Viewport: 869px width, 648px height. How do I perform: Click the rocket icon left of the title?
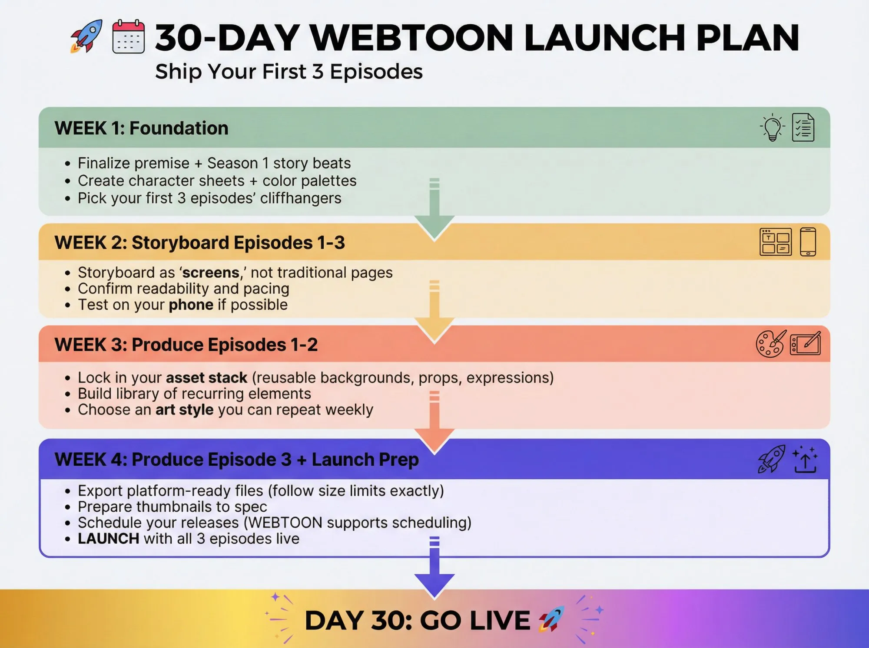(87, 36)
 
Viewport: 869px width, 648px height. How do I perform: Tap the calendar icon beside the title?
(128, 37)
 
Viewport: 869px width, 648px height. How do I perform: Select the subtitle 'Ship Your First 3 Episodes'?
(289, 72)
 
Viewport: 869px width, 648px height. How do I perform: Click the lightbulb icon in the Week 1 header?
(773, 128)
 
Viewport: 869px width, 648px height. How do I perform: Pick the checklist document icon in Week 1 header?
(803, 128)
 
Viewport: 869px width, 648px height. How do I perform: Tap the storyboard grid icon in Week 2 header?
(775, 242)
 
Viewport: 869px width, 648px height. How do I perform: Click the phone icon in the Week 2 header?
(808, 242)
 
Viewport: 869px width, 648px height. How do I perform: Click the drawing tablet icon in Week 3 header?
(805, 344)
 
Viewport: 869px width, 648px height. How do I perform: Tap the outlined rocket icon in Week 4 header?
(772, 459)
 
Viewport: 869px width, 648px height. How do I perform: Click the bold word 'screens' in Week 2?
(211, 273)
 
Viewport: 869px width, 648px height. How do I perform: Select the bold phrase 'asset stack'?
(206, 378)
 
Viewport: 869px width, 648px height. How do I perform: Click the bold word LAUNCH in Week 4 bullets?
(108, 539)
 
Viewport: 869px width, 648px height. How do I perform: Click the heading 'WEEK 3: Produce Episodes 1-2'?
(186, 345)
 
